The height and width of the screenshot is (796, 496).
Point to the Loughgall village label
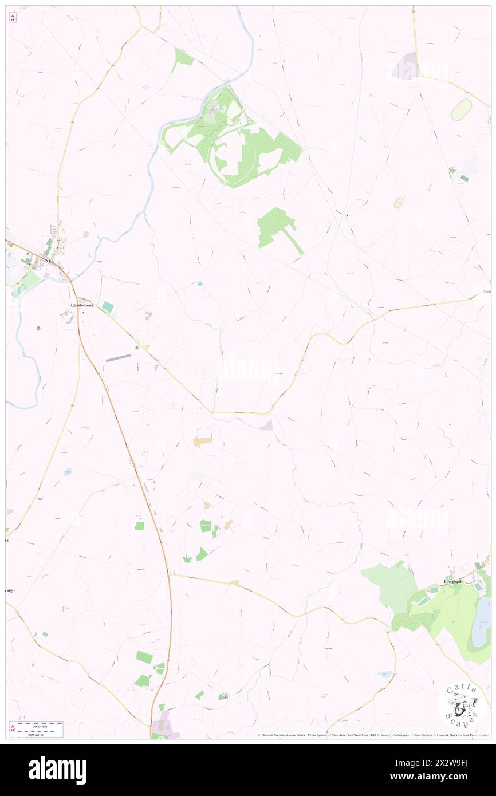point(456,582)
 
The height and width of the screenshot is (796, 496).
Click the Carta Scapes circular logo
point(461,705)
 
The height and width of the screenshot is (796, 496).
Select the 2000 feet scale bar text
point(40,724)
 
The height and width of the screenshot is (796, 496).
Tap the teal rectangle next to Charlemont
point(108,307)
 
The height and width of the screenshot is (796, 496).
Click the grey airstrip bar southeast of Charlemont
point(119,358)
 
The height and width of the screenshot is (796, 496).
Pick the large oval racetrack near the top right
point(461,110)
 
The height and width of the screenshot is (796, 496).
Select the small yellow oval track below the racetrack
point(399,203)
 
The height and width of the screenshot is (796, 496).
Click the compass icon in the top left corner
point(13,18)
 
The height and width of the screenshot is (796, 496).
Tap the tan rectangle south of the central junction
point(202,442)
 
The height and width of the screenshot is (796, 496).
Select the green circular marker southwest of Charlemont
point(38,328)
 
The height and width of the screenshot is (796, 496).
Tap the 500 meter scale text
point(40,734)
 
